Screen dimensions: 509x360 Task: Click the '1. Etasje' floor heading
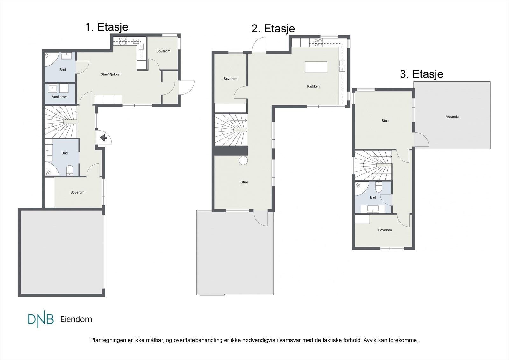[x=107, y=27]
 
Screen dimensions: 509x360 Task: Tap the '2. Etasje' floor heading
[x=273, y=29]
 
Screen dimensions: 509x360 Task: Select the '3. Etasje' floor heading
[x=422, y=74]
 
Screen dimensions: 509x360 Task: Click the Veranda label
[x=452, y=117]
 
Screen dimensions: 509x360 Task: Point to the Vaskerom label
[x=60, y=97]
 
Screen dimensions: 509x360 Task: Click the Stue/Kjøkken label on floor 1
[x=111, y=74]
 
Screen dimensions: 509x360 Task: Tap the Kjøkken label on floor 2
[x=313, y=86]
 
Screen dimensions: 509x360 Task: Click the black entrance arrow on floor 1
[x=104, y=138]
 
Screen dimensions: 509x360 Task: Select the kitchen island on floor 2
[x=316, y=67]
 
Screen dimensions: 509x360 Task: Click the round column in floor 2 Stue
[x=243, y=160]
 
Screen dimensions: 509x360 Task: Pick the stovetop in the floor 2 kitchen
[x=318, y=43]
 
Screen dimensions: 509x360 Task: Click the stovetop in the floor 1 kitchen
[x=122, y=41]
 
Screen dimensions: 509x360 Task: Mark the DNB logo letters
[x=41, y=319]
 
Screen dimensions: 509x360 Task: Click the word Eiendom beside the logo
[x=76, y=319]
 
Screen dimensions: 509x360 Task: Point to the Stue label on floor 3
[x=385, y=121]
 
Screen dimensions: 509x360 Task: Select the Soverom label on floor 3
[x=385, y=230]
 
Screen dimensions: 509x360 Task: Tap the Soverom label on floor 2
[x=230, y=79]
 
